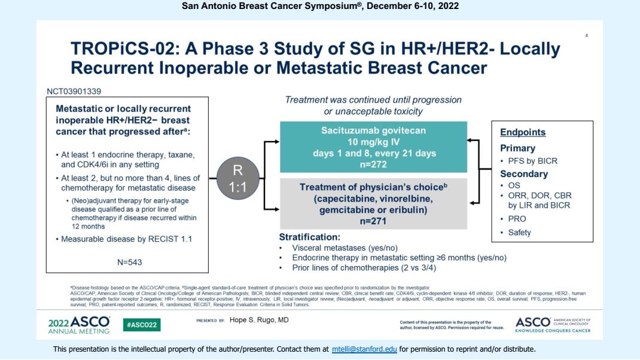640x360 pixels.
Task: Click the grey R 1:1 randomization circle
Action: point(237,178)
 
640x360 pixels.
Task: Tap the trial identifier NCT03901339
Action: point(75,91)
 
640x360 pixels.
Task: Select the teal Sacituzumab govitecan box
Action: point(374,147)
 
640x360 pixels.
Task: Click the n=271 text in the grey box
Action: point(374,221)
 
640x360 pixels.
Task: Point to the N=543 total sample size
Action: point(130,262)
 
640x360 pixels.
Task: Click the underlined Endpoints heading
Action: point(523,133)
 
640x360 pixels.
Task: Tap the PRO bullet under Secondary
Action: point(517,219)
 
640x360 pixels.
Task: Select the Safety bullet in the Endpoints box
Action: point(519,233)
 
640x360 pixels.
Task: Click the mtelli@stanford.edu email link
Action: point(364,349)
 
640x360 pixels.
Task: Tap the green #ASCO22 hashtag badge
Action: point(141,325)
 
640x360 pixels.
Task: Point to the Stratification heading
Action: point(310,237)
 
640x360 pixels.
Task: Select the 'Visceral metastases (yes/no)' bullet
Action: point(345,248)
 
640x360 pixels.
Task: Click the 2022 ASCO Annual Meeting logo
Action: point(79,325)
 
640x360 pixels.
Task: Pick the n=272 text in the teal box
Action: point(374,164)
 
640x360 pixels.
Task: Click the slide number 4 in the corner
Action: point(586,36)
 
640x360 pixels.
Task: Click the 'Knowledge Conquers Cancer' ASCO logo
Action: point(552,325)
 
